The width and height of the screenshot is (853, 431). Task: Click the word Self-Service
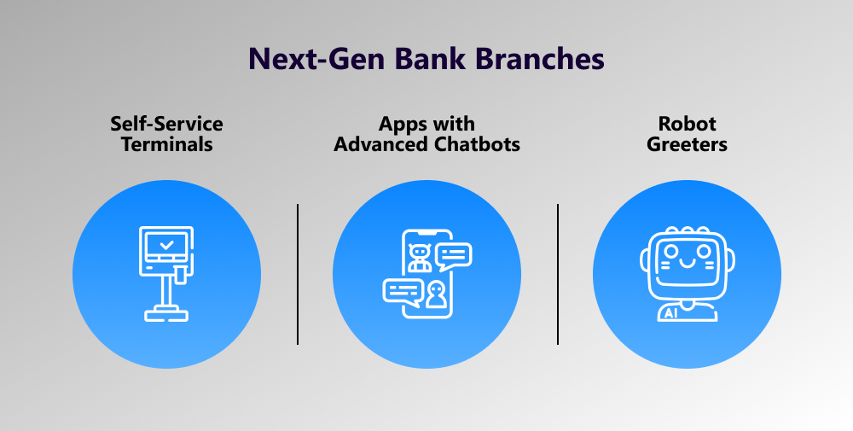(166, 124)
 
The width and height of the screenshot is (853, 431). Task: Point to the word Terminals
(166, 144)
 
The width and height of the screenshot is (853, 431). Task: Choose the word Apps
(402, 125)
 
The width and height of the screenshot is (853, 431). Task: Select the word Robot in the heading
(687, 124)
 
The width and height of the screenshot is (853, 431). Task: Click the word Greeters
(687, 144)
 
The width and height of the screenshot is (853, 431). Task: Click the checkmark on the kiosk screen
(167, 245)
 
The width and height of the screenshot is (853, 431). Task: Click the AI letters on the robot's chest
(670, 313)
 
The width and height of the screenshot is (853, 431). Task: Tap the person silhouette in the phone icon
(434, 294)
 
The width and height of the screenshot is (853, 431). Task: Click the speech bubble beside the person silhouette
(403, 292)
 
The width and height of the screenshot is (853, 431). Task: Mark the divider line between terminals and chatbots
(298, 274)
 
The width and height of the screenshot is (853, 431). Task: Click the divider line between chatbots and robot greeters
(558, 274)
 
